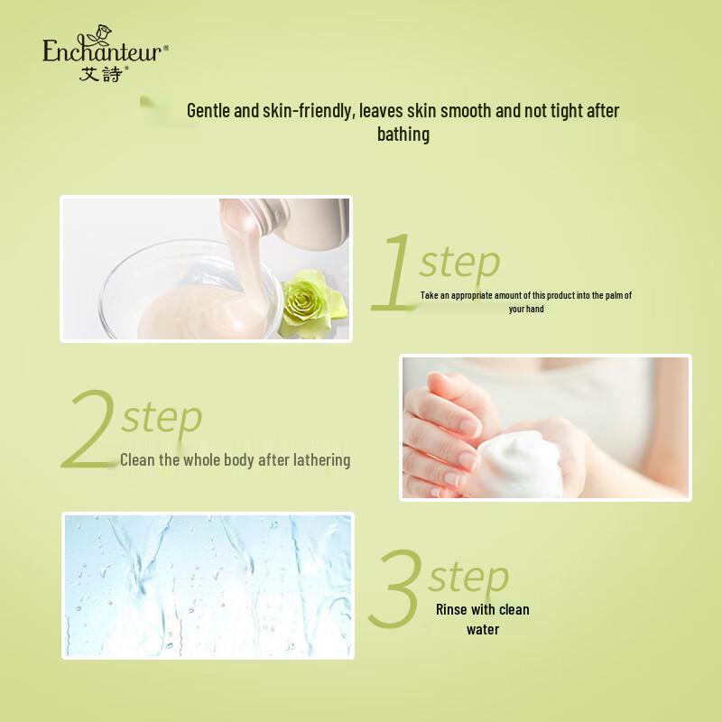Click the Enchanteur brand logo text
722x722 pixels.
[x=104, y=51]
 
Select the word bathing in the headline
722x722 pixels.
[x=403, y=134]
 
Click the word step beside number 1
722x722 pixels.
[x=458, y=262]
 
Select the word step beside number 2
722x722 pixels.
[x=162, y=417]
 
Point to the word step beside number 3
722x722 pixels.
[x=468, y=575]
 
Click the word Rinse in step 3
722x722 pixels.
[x=452, y=609]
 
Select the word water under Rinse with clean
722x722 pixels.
[x=483, y=629]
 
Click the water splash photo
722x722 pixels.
[x=208, y=586]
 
